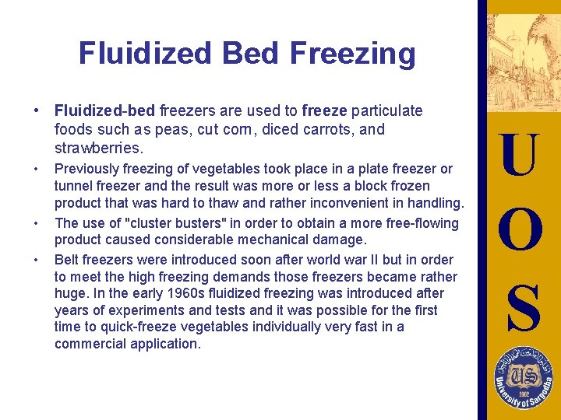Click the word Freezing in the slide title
coord(352,54)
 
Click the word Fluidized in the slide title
coord(145,54)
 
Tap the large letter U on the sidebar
coord(519,155)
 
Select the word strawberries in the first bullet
coord(99,148)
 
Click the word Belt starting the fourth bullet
coord(68,259)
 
